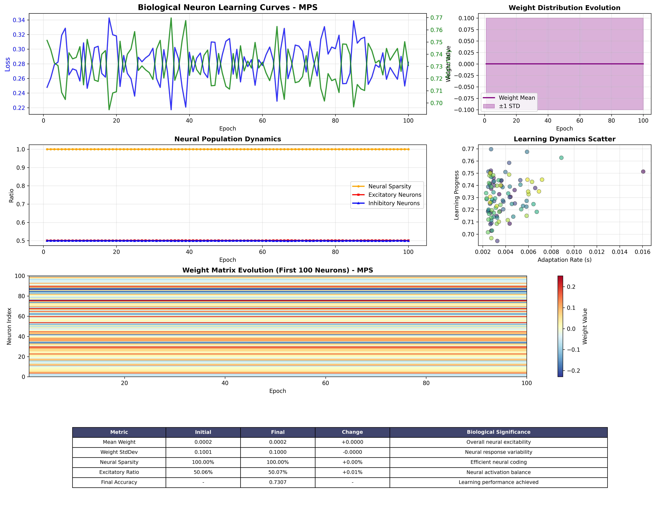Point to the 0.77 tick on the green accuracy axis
pyautogui.click(x=436, y=18)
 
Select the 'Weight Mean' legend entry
pyautogui.click(x=516, y=98)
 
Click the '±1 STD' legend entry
pyautogui.click(x=509, y=106)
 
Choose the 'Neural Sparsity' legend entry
pyautogui.click(x=389, y=186)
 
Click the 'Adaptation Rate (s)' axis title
pyautogui.click(x=564, y=260)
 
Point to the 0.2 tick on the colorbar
pyautogui.click(x=571, y=287)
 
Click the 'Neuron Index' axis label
pyautogui.click(x=9, y=326)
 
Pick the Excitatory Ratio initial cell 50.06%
pyautogui.click(x=203, y=472)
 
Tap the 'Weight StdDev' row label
pyautogui.click(x=119, y=452)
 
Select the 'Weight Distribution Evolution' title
pyautogui.click(x=564, y=8)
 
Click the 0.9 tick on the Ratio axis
pyautogui.click(x=20, y=168)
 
